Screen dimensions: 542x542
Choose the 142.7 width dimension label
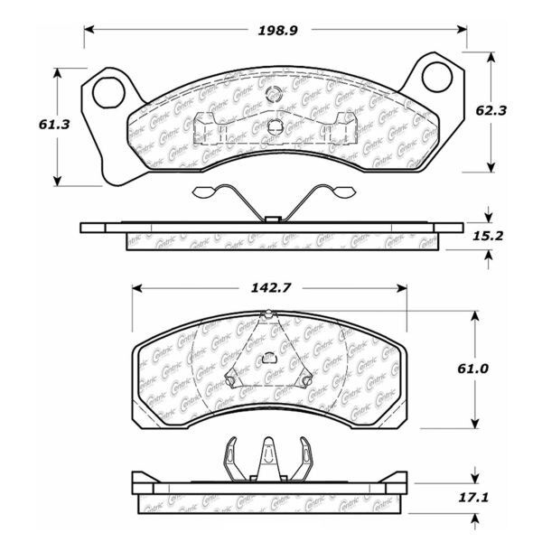267,289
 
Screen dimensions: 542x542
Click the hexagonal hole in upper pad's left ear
108,89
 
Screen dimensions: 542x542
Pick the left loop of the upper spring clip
204,191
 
